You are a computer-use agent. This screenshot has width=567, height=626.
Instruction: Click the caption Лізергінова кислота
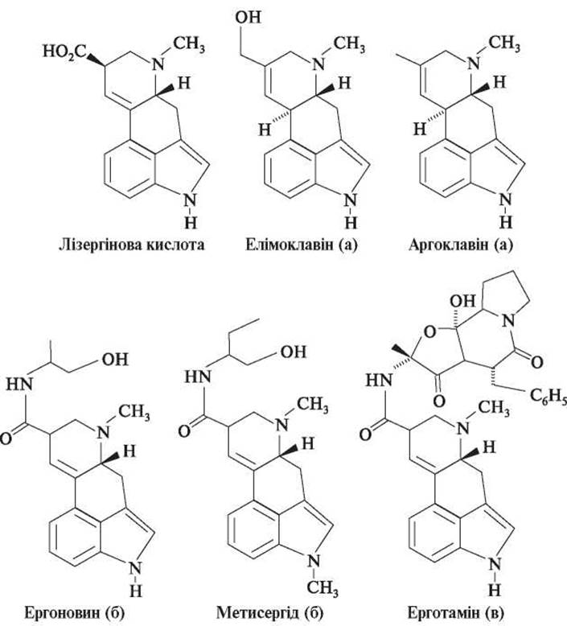click(x=132, y=245)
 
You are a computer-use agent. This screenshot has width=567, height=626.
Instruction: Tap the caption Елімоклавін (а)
click(x=302, y=245)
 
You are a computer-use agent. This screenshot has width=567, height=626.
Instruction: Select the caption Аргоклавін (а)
click(x=461, y=245)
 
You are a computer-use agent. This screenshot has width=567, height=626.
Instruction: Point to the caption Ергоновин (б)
click(x=75, y=612)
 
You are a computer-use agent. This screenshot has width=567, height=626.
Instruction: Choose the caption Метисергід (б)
click(x=270, y=612)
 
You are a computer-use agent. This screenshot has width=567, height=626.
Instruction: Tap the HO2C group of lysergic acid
click(x=64, y=51)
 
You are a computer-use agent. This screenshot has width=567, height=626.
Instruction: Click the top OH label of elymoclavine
click(x=248, y=17)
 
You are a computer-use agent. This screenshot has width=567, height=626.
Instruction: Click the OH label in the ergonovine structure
click(x=115, y=360)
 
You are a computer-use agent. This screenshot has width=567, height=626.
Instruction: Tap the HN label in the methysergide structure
click(x=198, y=377)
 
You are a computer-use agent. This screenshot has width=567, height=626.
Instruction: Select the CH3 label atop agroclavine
click(x=504, y=43)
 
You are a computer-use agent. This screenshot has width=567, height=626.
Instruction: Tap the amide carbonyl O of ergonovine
click(x=6, y=439)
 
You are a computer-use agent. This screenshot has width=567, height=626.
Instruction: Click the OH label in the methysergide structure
click(x=294, y=352)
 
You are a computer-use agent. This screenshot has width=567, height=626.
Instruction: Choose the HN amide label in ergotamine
click(x=379, y=380)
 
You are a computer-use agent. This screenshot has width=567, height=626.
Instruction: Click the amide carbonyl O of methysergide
click(x=184, y=432)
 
